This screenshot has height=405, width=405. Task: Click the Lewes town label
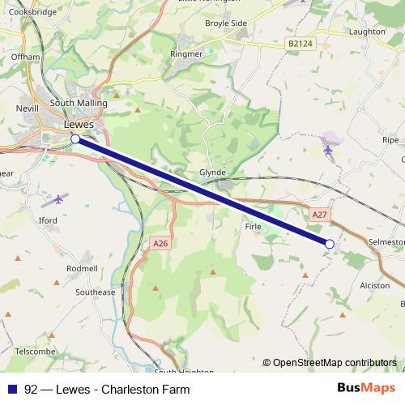79,125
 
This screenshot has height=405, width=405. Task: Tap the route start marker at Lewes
75,139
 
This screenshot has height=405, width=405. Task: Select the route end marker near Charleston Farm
330,243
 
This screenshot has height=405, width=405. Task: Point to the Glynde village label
212,173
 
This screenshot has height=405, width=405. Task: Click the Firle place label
253,227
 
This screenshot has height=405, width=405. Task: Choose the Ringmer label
185,54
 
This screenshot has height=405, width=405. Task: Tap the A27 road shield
320,215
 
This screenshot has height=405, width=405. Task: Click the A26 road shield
159,243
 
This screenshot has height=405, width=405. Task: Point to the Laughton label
368,32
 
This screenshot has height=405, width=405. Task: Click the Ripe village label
390,140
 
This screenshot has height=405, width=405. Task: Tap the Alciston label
374,285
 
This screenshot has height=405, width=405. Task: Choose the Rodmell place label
82,268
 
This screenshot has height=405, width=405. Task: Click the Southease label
95,292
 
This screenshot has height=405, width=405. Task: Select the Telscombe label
34,352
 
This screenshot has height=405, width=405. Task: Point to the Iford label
48,220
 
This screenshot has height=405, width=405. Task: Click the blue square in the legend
11,389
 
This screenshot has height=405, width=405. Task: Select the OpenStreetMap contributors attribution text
330,362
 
